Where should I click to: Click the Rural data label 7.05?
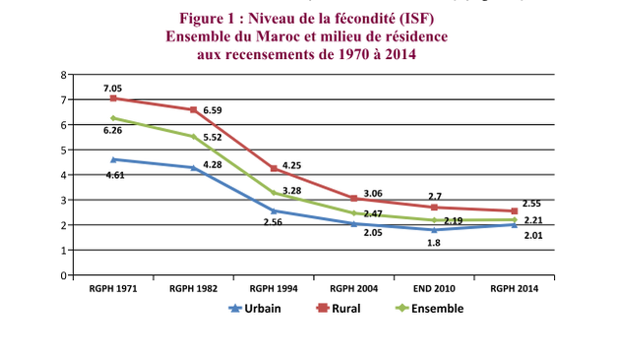(x=114, y=89)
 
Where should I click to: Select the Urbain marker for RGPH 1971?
(x=114, y=159)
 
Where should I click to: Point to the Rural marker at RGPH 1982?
(x=194, y=110)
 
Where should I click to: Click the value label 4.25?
(x=292, y=165)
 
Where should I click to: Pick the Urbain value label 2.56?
(x=273, y=222)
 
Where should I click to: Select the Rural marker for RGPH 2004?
(x=354, y=199)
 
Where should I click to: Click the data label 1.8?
(x=432, y=243)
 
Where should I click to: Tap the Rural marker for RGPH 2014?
(x=515, y=211)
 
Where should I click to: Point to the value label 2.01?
(x=533, y=236)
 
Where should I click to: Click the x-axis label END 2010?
(x=434, y=288)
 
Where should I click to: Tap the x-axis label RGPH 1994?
(x=274, y=288)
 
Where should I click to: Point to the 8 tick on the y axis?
(x=63, y=75)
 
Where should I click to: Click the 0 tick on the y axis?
(x=63, y=275)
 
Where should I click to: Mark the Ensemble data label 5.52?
(x=213, y=138)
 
